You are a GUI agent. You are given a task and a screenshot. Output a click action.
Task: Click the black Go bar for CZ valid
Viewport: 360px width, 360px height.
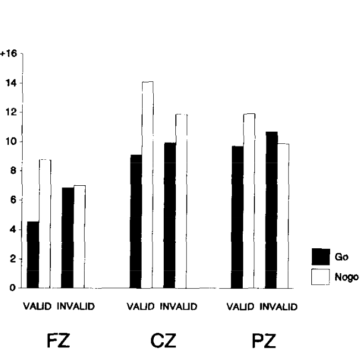[135, 221]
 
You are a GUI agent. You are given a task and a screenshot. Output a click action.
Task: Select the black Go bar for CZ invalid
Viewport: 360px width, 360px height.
[169, 215]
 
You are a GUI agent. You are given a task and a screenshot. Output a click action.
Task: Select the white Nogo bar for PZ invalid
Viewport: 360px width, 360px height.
[283, 216]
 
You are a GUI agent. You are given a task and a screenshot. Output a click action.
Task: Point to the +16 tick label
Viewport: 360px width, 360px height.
[9, 54]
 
